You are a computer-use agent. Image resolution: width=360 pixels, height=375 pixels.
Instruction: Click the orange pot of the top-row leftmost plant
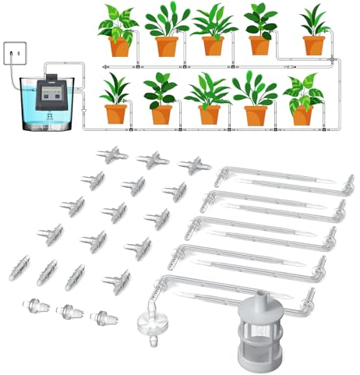(119, 46)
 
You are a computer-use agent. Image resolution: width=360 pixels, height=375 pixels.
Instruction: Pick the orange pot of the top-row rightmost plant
(315, 45)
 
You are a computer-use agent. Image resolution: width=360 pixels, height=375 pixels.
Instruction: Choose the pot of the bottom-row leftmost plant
(115, 114)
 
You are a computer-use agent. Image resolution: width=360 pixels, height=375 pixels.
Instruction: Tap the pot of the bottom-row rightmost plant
(301, 116)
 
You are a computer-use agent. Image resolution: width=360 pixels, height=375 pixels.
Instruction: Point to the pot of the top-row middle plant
(213, 45)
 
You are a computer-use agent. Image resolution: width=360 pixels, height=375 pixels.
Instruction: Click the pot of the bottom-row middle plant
(209, 115)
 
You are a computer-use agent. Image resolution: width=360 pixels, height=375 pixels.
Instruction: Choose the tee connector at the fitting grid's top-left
(109, 152)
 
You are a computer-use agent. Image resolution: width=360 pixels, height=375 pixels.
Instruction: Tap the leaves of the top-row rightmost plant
(315, 19)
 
